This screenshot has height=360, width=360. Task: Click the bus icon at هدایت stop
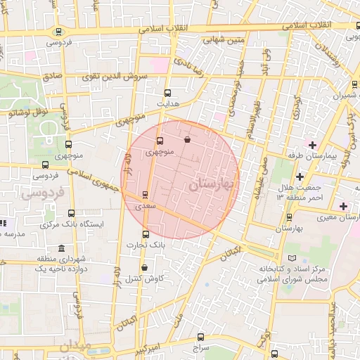coord(167,92)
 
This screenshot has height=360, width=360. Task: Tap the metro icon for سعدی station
coord(145,194)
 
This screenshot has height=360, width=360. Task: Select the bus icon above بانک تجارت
coord(146,234)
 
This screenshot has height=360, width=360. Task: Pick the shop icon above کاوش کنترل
coord(144,267)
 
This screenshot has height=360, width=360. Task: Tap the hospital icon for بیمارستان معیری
coord(343,205)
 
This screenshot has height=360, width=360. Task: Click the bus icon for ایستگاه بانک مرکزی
coord(70,213)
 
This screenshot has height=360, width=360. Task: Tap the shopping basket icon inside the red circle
coord(186,140)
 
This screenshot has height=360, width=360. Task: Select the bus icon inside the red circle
coord(158,141)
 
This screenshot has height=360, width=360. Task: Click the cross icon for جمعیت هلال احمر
coord(300,176)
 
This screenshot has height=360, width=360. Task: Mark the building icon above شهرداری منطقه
coord(62,249)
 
